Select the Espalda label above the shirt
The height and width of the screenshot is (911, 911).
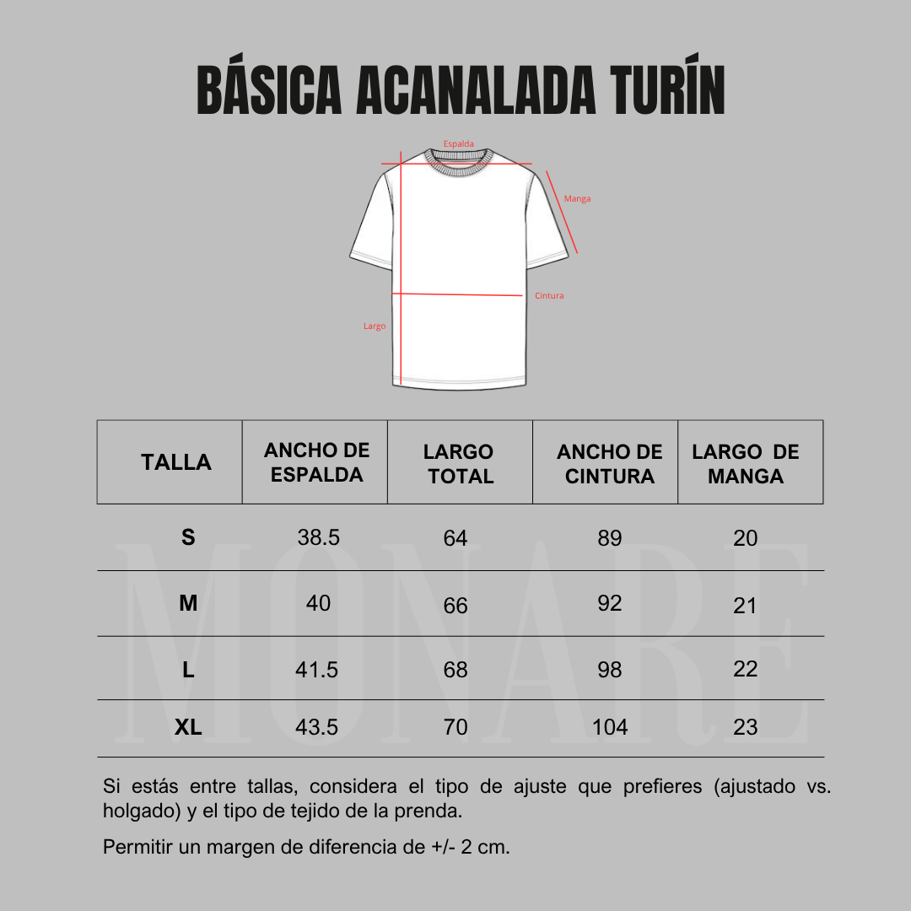(459, 144)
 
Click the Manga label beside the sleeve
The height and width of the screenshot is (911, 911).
(578, 199)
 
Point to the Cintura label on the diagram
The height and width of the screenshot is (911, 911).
(549, 296)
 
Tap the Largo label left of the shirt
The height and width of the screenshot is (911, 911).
(375, 326)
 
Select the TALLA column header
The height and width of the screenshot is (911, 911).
(176, 462)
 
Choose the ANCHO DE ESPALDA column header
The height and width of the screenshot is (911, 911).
(316, 462)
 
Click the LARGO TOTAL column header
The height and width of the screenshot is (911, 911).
(460, 464)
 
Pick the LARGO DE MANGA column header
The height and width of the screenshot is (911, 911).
(746, 464)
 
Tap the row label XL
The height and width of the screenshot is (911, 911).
(188, 727)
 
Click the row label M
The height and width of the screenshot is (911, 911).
(188, 604)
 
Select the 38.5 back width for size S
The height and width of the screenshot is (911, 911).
(319, 537)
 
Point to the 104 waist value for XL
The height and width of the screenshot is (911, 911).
(610, 727)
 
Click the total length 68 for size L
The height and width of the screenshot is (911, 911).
(455, 670)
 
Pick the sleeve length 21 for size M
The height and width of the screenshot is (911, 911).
(746, 606)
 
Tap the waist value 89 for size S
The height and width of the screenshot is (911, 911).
(610, 538)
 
